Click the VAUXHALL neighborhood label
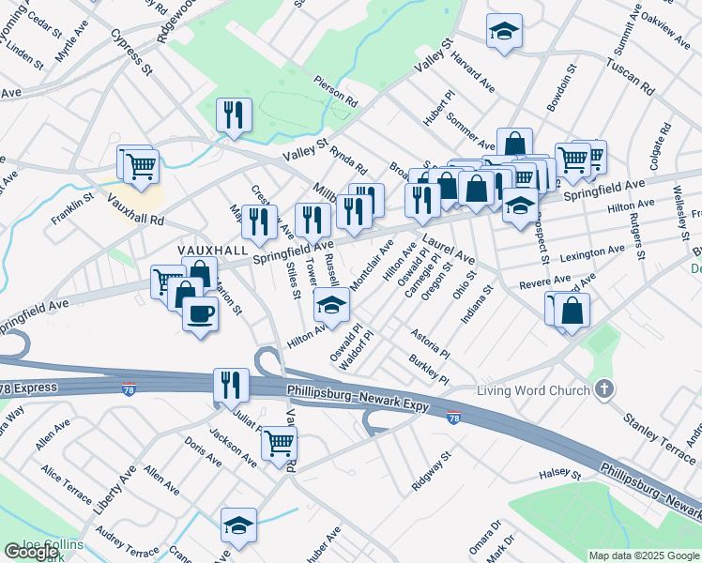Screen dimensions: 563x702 coord(213,250)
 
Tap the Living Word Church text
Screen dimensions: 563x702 coord(533,390)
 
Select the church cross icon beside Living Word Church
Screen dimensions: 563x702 coord(605,389)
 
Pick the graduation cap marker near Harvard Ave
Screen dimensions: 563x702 coord(504,31)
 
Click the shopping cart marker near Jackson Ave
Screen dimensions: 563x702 coord(279,442)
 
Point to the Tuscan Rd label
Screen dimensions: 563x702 coord(629,80)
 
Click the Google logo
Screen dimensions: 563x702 coord(30,552)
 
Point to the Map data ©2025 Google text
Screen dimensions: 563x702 coord(643,555)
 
